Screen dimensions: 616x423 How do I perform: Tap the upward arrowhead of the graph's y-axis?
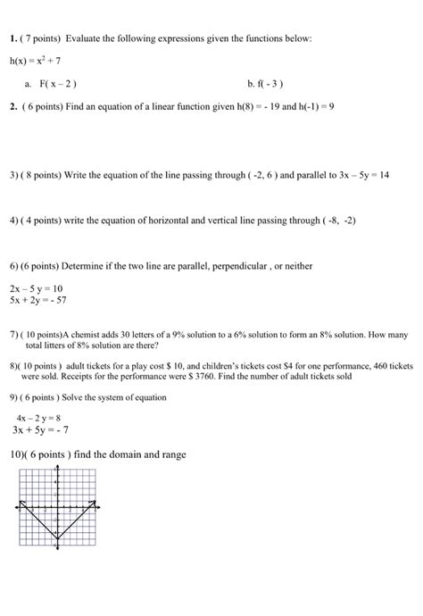(x=56, y=471)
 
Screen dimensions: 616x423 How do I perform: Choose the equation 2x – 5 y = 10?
(x=36, y=288)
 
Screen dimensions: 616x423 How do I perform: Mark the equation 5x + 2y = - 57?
(x=39, y=301)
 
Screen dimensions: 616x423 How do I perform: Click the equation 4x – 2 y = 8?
(x=38, y=417)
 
